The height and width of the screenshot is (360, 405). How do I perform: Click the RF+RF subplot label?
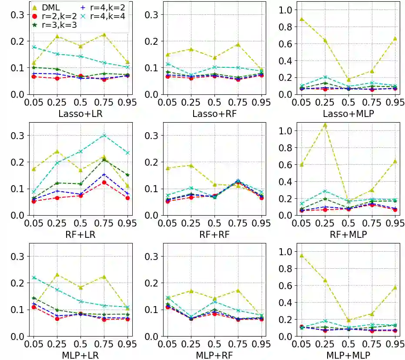point(214,235)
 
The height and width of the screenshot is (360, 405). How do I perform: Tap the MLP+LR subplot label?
point(80,355)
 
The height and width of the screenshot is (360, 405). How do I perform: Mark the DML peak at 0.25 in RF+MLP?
point(325,125)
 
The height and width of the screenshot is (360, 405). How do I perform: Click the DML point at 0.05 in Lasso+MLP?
point(301,19)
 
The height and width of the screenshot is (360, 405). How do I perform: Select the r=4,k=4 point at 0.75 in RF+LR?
point(104,135)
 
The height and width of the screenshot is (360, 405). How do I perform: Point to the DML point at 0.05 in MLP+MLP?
point(301,256)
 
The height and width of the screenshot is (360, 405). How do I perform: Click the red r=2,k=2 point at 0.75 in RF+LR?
point(104,182)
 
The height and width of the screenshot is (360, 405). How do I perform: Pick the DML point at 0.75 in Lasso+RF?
point(238,44)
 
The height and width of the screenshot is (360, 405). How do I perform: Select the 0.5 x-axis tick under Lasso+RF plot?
point(214,103)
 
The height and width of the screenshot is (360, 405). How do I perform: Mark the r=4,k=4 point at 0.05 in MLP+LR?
point(33,277)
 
